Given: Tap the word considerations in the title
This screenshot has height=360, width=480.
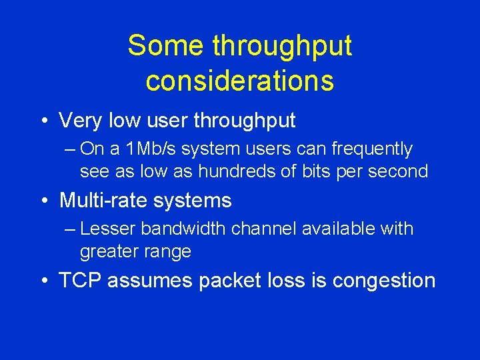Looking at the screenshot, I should [239, 81].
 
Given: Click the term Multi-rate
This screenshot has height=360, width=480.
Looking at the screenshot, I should [107, 200].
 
